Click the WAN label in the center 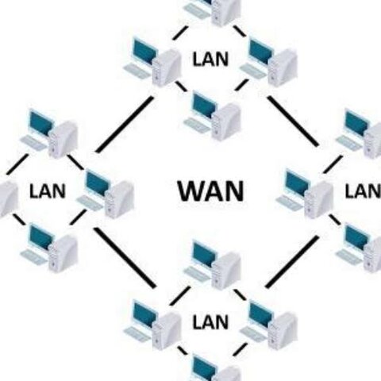210,191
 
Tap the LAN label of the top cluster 210,59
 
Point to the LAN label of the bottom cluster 210,322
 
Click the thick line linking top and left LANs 124,124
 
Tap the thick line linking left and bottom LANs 125,256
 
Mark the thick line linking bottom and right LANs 293,260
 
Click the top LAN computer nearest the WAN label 213,114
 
